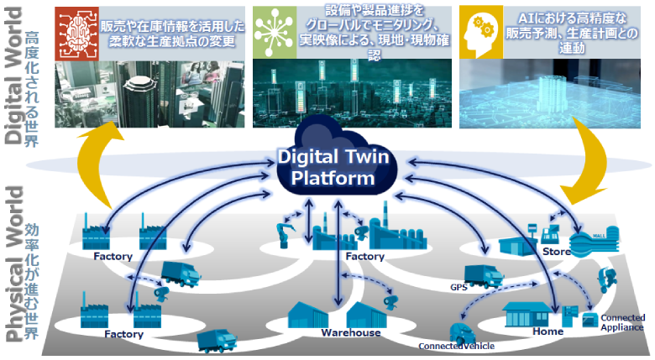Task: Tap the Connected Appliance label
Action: point(622,323)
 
